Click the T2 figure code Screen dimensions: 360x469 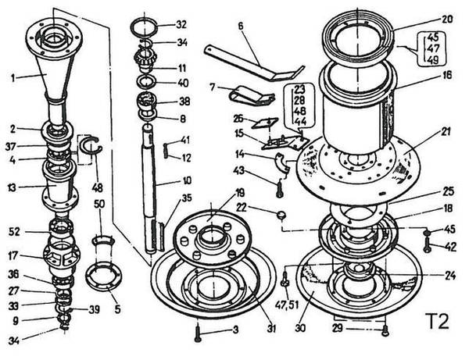[437, 322]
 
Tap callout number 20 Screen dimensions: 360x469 [447, 19]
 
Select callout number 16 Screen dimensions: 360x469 [447, 77]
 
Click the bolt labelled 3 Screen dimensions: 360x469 [200, 331]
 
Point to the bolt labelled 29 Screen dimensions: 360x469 [385, 330]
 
